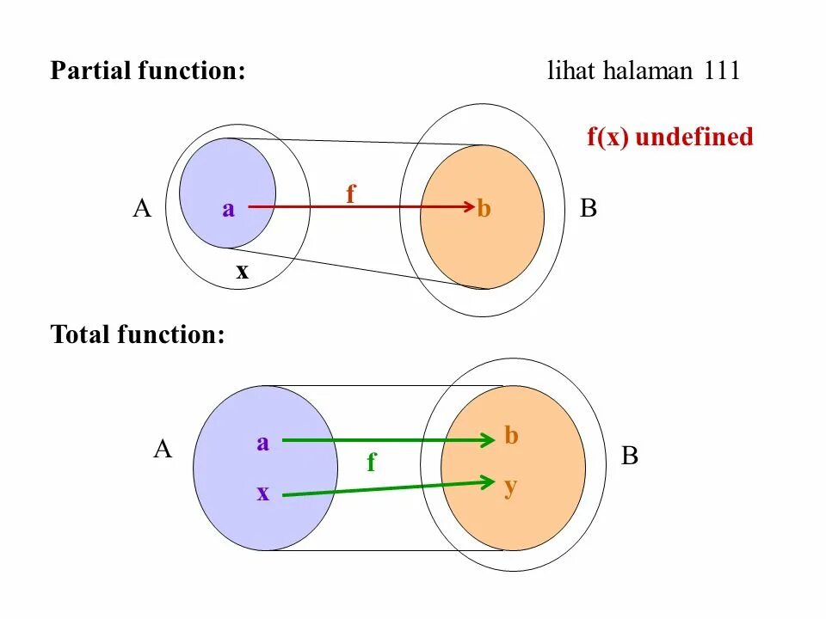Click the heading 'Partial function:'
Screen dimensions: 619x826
pos(148,70)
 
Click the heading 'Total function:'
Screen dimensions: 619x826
pos(138,334)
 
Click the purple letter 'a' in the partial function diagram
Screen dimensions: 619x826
pos(228,209)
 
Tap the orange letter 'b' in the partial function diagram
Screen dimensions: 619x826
pos(484,209)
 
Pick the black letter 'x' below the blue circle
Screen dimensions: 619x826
pos(243,272)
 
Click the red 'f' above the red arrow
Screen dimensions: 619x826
pos(350,195)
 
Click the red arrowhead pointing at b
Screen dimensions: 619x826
pos(468,206)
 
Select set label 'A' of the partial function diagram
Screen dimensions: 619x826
pos(142,209)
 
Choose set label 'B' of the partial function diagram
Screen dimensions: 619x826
pos(589,209)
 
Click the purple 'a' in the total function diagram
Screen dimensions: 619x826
pos(263,443)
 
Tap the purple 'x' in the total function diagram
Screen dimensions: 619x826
pos(263,493)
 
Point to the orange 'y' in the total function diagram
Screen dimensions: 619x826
pos(510,487)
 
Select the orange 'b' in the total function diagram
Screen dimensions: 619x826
pos(512,436)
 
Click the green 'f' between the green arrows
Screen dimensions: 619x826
pos(372,463)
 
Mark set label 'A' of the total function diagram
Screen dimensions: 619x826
pos(163,449)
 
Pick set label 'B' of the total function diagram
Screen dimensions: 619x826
pos(630,457)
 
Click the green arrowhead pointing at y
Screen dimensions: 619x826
pos(487,481)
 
